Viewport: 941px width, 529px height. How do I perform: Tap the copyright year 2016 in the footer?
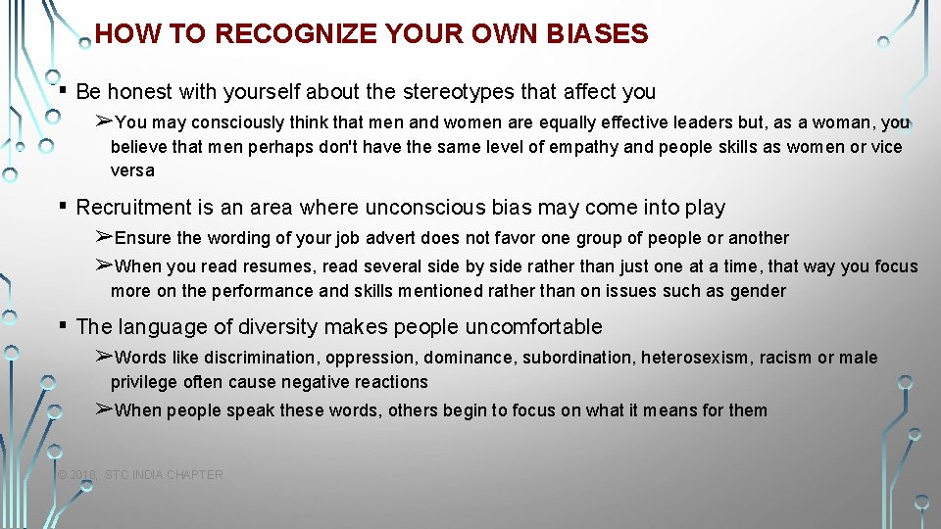(83, 475)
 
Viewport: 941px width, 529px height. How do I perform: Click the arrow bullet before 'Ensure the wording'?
(104, 237)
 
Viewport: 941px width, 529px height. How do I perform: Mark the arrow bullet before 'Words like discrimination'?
(104, 357)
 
